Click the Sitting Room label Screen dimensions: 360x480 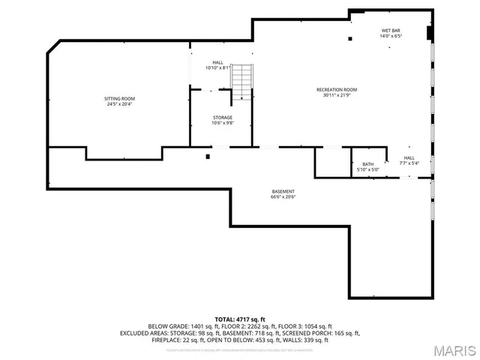[119, 98]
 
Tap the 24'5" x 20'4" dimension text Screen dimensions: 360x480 [119, 104]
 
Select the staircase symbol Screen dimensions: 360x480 [241, 82]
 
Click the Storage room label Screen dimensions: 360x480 [222, 117]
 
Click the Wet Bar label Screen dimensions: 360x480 [391, 30]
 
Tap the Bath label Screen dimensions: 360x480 [367, 163]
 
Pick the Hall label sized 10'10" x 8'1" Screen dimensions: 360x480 [217, 62]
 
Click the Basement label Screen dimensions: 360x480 [283, 191]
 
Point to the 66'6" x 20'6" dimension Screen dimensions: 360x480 [283, 197]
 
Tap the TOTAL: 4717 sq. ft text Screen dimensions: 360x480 [240, 319]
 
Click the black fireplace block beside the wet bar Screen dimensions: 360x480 [428, 32]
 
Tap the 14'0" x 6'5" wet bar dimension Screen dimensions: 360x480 [391, 36]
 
